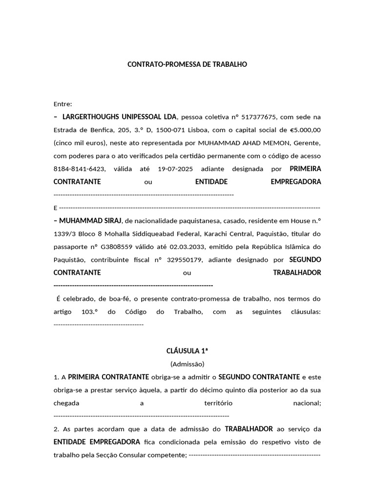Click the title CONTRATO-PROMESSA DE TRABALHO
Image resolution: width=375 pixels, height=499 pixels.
point(187,64)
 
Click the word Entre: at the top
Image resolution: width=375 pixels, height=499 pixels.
point(62,104)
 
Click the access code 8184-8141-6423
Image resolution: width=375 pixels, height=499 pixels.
point(79,169)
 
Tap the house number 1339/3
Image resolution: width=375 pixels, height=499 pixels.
point(64,233)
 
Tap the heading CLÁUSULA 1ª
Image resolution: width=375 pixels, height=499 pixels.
point(187,351)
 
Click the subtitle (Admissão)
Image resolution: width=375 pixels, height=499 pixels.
point(187,364)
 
